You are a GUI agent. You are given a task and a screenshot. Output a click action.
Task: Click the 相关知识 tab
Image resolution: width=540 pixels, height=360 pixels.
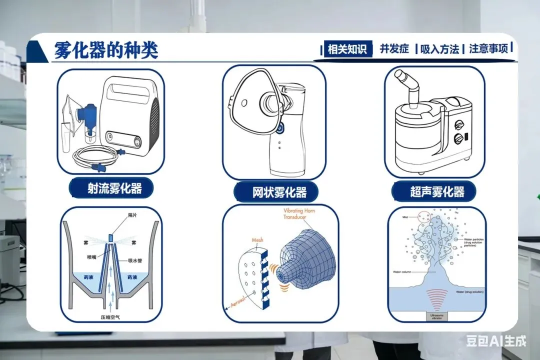(347, 49)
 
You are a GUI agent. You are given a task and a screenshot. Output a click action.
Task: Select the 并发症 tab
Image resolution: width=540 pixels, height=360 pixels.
(394, 49)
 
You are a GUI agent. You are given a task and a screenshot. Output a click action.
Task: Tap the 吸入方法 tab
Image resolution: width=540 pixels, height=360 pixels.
(439, 49)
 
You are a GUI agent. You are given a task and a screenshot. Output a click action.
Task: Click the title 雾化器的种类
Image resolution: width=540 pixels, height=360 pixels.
(106, 50)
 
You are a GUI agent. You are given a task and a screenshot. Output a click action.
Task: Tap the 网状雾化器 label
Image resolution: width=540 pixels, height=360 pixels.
(279, 192)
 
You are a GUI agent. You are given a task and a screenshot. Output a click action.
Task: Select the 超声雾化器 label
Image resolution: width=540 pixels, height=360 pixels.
(437, 191)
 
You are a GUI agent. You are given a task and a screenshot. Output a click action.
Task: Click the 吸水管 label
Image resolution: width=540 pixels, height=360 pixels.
(135, 260)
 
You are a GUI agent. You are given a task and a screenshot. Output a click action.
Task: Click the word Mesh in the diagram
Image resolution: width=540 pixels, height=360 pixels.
(257, 240)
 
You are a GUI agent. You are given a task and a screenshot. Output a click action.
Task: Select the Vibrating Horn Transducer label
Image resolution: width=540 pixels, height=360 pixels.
(300, 214)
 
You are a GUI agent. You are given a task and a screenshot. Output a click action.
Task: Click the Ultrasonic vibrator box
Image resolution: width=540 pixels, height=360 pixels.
(436, 316)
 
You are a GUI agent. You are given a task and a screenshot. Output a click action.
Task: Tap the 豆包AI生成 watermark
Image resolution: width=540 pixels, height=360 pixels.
(496, 341)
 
